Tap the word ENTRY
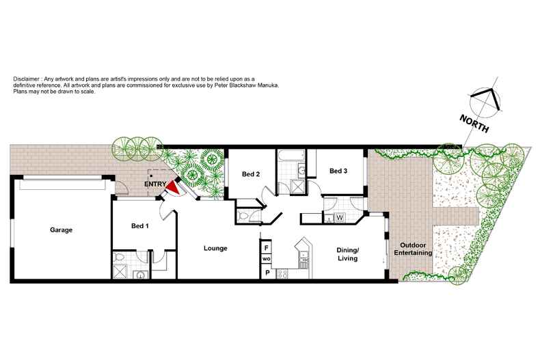click(x=154, y=184)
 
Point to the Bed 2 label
click(x=251, y=174)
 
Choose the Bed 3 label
click(x=338, y=171)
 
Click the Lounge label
click(x=216, y=248)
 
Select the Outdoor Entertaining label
click(x=416, y=249)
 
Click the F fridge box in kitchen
click(x=267, y=248)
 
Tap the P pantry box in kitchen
click(x=267, y=273)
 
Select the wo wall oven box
click(x=267, y=260)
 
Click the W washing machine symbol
click(x=338, y=218)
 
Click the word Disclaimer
click(x=26, y=80)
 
